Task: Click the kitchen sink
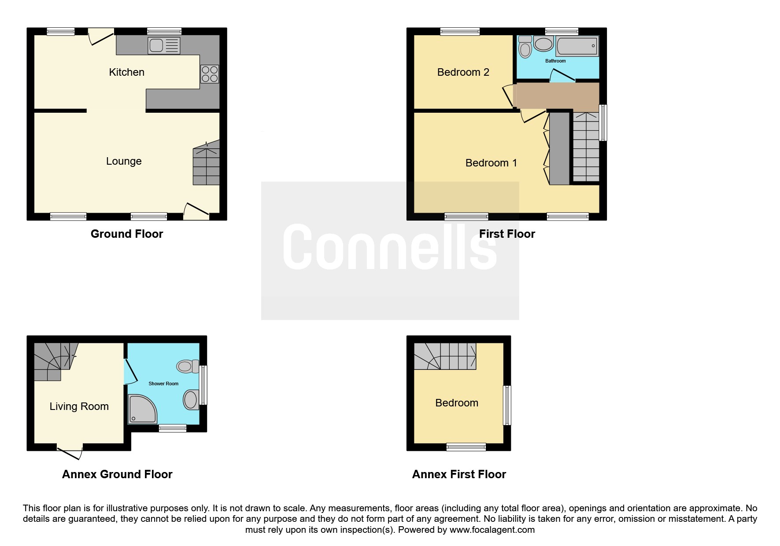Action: coord(164,45)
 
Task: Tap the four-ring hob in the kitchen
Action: coord(210,74)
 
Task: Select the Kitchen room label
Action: coord(127,72)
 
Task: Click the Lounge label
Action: coord(124,161)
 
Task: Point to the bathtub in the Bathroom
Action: coord(577,46)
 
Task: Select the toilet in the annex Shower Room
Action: coord(187,366)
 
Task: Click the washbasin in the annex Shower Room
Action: coord(191,400)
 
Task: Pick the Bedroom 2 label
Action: coord(463,72)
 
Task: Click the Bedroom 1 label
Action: coord(491,163)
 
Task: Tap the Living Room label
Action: coord(79,406)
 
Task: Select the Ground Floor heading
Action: coord(127,234)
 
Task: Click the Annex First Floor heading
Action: coord(459,474)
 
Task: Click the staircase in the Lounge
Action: coord(206,162)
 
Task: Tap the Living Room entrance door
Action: coord(70,452)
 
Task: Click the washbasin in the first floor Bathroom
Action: coord(543,44)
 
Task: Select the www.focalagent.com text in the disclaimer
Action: coord(492,530)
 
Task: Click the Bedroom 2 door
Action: coord(508,96)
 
